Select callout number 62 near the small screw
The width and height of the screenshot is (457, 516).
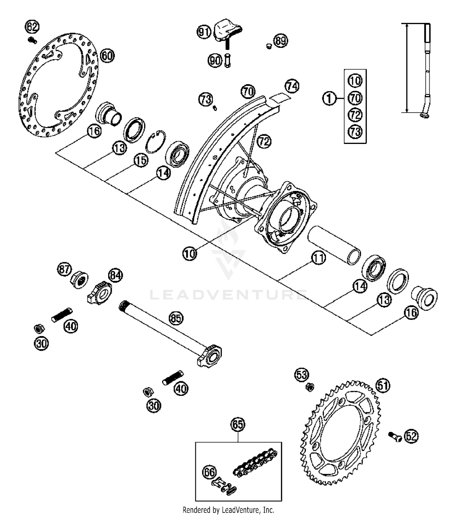pyautogui.click(x=32, y=27)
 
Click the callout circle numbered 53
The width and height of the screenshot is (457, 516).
pyautogui.click(x=302, y=374)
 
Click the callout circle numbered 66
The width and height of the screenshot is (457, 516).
pyautogui.click(x=209, y=472)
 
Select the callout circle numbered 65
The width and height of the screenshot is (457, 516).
pyautogui.click(x=238, y=425)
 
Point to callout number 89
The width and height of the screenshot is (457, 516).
pyautogui.click(x=280, y=41)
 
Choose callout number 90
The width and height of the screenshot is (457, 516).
pyautogui.click(x=215, y=61)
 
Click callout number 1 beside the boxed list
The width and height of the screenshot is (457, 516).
pyautogui.click(x=329, y=99)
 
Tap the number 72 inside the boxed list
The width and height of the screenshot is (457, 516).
pyautogui.click(x=355, y=115)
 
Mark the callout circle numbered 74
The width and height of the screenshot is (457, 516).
pyautogui.click(x=292, y=86)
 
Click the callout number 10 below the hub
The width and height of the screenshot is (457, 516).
pyautogui.click(x=190, y=254)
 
